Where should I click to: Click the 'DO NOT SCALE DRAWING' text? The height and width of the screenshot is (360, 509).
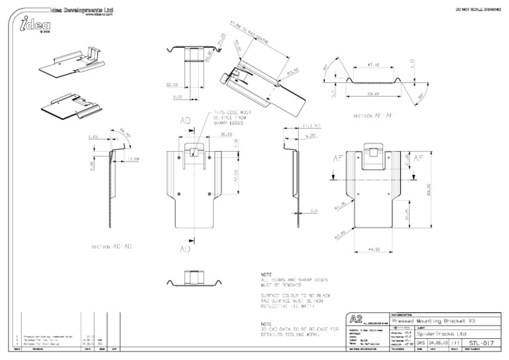[477, 9]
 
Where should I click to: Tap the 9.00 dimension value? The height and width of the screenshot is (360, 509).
[178, 97]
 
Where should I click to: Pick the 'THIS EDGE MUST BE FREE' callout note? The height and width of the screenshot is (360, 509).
[229, 117]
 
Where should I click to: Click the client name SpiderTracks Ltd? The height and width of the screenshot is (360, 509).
[427, 333]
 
